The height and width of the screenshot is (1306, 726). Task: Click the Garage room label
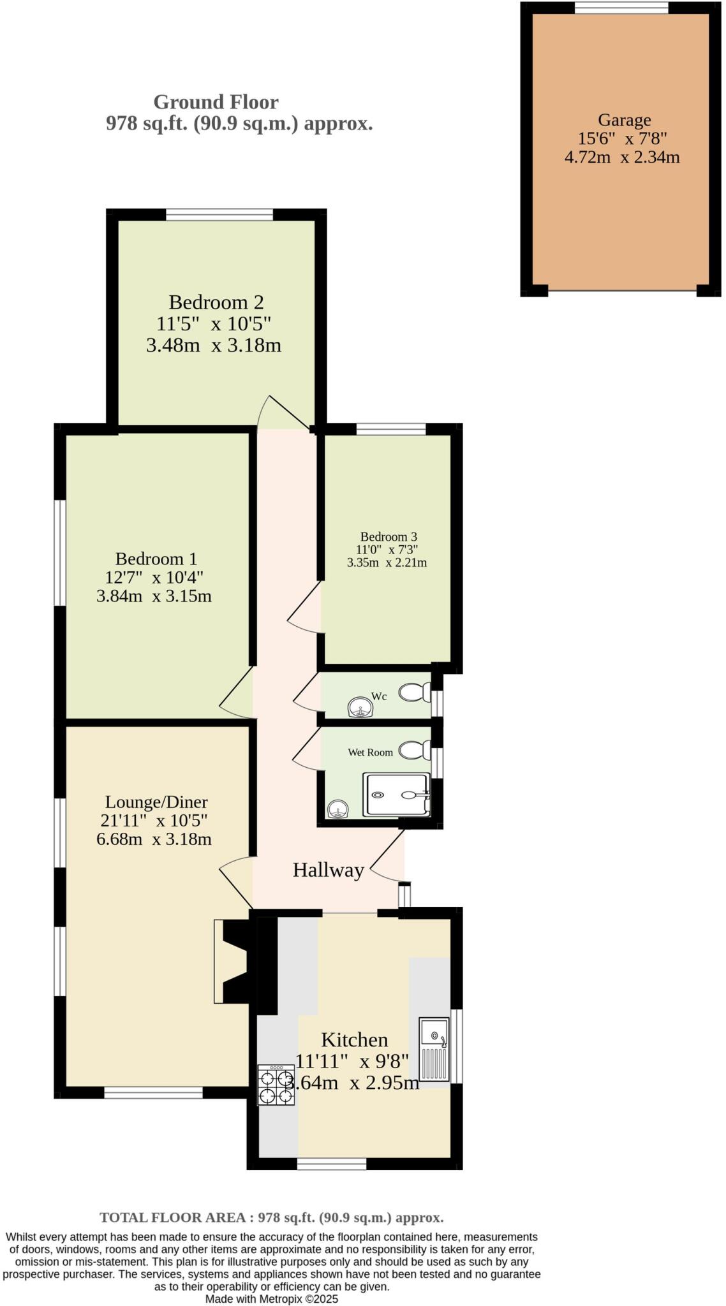click(x=624, y=120)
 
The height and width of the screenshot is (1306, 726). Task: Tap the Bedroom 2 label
click(x=216, y=302)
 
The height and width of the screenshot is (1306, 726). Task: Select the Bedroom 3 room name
click(x=388, y=537)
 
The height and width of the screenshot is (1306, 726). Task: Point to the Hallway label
click(x=328, y=870)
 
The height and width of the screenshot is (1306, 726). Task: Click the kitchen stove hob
click(x=276, y=1085)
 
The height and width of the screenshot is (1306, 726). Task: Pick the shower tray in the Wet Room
click(x=396, y=795)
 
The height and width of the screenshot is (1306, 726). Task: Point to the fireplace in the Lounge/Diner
click(x=233, y=962)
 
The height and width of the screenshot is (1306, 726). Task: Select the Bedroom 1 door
click(x=237, y=695)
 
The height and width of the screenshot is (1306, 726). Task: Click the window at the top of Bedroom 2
click(x=219, y=215)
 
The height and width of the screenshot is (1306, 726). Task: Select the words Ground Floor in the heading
click(x=216, y=102)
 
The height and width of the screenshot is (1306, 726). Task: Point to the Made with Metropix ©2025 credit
click(x=271, y=1298)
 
